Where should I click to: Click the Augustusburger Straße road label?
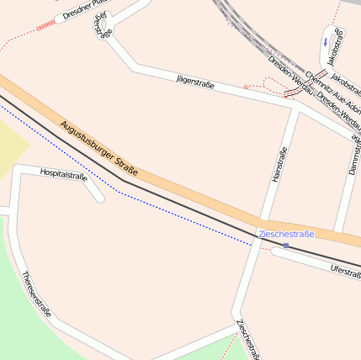tap(98, 152)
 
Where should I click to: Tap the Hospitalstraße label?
tap(63, 174)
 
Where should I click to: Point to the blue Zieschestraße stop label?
tap(285, 233)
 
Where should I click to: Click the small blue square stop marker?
tap(286, 246)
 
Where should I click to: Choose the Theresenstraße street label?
tap(36, 294)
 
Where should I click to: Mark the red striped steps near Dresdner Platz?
tap(45, 26)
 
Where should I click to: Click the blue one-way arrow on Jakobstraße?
tap(326, 40)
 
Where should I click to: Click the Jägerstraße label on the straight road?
tap(194, 82)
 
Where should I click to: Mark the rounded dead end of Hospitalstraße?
tap(99, 199)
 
